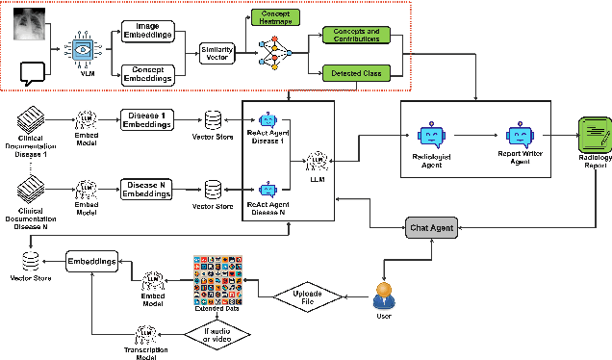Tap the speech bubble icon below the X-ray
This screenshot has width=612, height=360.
click(x=35, y=70)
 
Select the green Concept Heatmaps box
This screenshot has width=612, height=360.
click(x=274, y=16)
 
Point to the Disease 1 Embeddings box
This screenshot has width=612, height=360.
click(x=147, y=120)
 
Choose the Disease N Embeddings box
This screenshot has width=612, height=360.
click(x=147, y=189)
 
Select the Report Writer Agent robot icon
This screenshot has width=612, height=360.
click(x=520, y=137)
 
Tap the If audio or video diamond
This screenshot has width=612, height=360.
click(x=219, y=334)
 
